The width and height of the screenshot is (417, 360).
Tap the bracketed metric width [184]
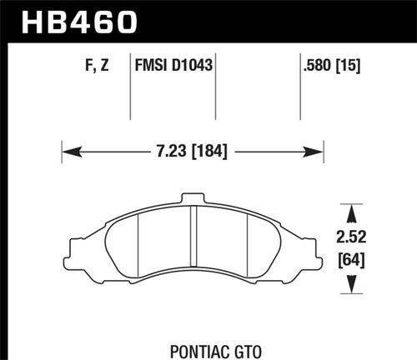point(208,152)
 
